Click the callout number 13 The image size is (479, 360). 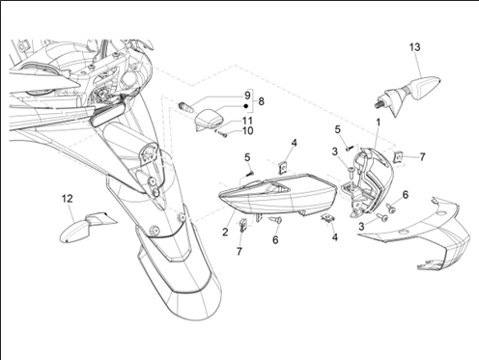(415, 47)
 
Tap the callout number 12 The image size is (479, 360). (68, 199)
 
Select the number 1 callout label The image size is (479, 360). (379, 123)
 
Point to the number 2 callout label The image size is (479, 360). (225, 232)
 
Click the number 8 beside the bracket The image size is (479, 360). (261, 101)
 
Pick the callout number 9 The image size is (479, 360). (247, 96)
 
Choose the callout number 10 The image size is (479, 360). (247, 131)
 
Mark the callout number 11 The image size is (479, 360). (247, 121)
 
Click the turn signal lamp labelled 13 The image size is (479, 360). (408, 96)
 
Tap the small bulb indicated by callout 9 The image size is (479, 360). (186, 107)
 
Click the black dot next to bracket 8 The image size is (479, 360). (246, 106)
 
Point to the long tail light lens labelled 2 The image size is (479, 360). (277, 194)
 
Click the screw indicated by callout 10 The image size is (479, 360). (223, 135)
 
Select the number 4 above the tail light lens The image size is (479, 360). (295, 143)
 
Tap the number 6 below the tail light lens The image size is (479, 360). (275, 240)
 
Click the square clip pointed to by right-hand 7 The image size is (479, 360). (399, 157)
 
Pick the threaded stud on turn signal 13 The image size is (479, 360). (378, 104)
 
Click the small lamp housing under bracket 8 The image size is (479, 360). (210, 120)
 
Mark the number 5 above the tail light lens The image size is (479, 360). (247, 157)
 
